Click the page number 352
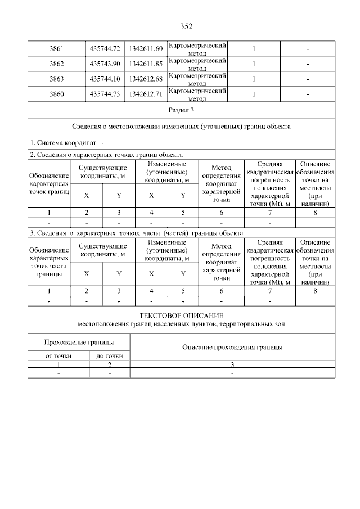(186, 26)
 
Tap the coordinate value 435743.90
(105, 64)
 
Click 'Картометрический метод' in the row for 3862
(197, 64)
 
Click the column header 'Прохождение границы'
(79, 342)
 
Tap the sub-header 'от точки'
(58, 355)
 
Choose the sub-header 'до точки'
(109, 355)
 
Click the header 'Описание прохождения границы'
(232, 347)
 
